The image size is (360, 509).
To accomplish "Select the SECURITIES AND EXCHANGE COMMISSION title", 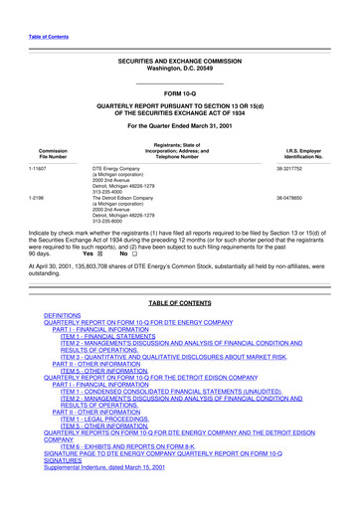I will pyautogui.click(x=180, y=61).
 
